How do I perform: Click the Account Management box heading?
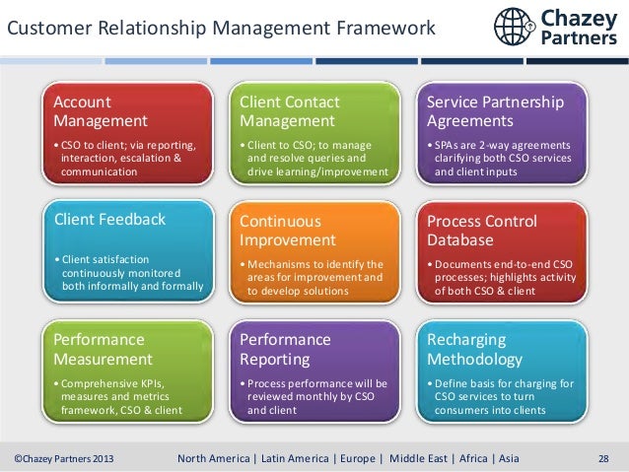click(x=101, y=111)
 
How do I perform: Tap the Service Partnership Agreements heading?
click(x=495, y=111)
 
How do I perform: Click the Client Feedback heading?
click(x=109, y=219)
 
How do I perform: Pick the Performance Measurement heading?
click(x=103, y=349)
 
